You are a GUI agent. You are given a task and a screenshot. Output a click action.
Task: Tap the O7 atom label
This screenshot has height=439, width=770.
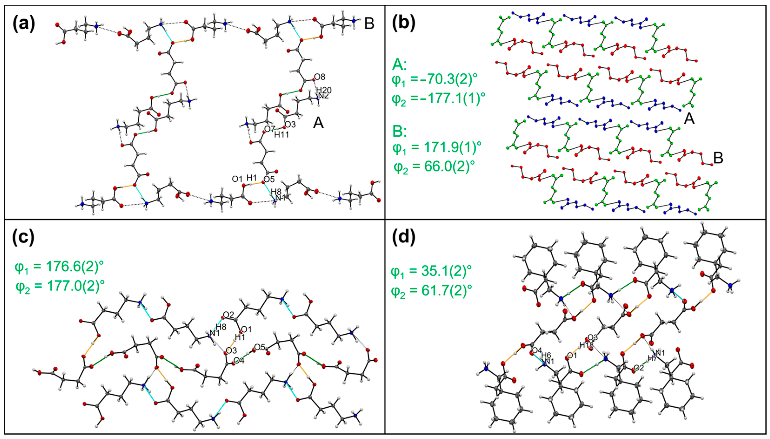point(269,129)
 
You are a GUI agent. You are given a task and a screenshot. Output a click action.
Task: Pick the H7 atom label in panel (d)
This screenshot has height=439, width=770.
point(652,359)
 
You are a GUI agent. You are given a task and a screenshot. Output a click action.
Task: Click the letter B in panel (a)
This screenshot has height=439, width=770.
point(369,23)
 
